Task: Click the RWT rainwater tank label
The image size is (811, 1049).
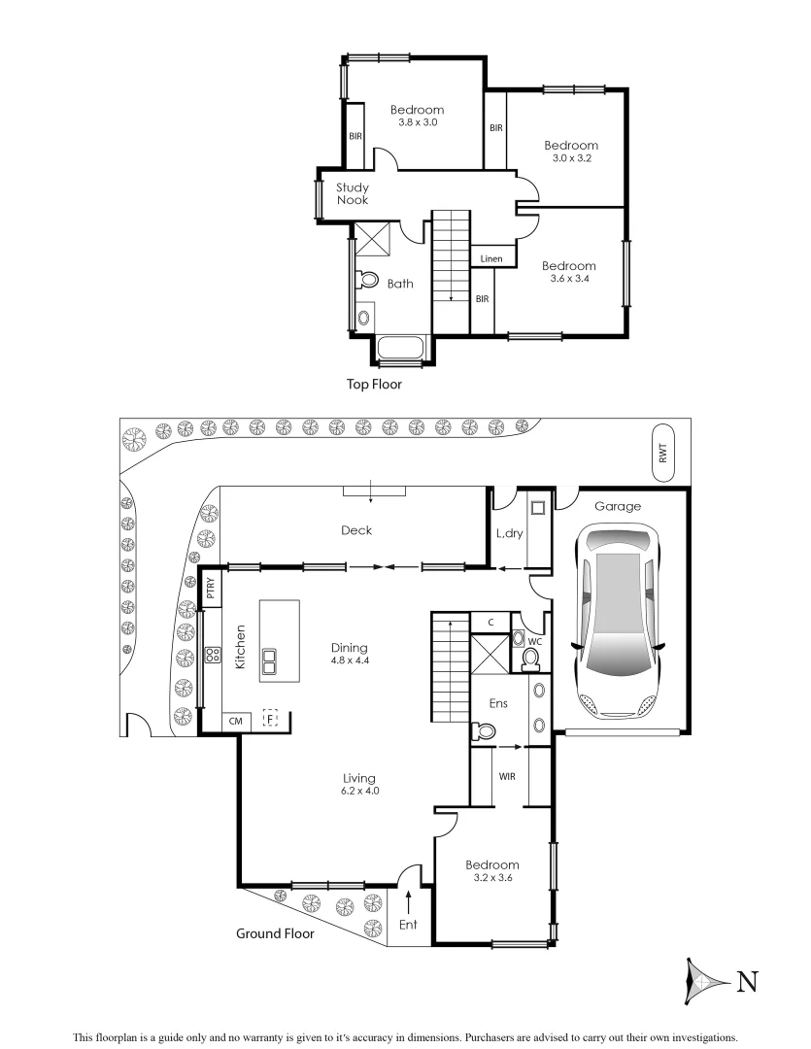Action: tap(662, 453)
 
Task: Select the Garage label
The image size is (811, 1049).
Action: tap(618, 506)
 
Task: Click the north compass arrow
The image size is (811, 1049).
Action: tap(706, 982)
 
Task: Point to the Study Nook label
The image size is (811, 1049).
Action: tap(352, 193)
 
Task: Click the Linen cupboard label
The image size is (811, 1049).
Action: tap(491, 259)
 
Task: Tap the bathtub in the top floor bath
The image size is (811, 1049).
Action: tap(400, 349)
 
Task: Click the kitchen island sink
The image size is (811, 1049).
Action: tap(269, 660)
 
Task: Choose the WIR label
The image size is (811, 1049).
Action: tap(507, 776)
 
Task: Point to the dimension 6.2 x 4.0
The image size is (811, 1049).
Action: tap(358, 791)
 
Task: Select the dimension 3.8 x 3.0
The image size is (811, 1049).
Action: tap(418, 122)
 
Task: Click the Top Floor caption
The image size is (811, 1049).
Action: tap(374, 385)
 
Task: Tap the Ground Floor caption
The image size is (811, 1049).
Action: tap(275, 933)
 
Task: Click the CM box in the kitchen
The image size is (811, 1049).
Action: tap(235, 721)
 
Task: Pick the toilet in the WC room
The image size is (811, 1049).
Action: tap(530, 660)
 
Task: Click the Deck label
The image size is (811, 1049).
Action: tap(356, 530)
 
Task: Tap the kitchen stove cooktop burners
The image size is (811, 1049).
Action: tap(212, 658)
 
